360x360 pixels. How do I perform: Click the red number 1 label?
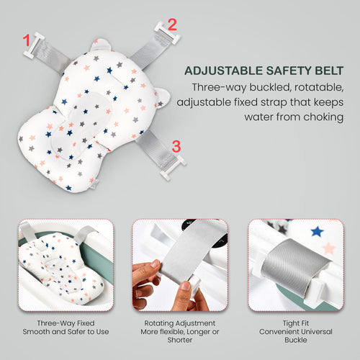(x=26, y=40)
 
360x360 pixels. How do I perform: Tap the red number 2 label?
(x=172, y=24)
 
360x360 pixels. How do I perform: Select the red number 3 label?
(x=176, y=146)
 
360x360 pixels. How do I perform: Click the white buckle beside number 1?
(x=33, y=45)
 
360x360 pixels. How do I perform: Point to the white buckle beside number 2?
(x=167, y=33)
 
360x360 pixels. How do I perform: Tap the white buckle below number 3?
(x=174, y=168)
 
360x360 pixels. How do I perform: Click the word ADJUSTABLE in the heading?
(x=223, y=71)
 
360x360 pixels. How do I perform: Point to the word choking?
(x=323, y=117)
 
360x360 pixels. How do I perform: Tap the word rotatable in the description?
(x=319, y=87)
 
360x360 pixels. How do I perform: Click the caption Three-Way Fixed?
(x=66, y=323)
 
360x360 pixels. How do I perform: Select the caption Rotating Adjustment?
(x=180, y=323)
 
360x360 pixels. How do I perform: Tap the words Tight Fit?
(x=296, y=323)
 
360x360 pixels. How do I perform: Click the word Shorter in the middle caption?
(x=180, y=340)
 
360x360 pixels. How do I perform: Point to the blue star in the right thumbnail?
(x=317, y=231)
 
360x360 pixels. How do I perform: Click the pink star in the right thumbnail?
(x=329, y=248)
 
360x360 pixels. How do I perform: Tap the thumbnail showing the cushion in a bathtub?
(x=66, y=265)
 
